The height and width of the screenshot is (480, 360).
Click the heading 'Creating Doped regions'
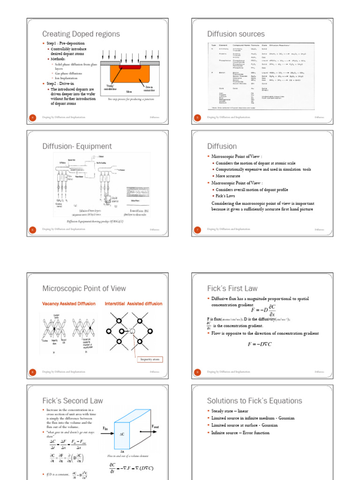pos(81,34)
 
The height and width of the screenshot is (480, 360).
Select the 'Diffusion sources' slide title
pos(236,34)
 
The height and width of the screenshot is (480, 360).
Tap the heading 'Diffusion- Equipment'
pos(77,146)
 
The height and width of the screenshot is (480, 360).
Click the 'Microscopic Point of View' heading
pos(84,288)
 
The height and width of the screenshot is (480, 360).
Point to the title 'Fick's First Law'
pos(232,288)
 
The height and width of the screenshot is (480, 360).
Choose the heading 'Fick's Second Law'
pos(73,401)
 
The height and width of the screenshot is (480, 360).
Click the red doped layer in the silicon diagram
pos(133,67)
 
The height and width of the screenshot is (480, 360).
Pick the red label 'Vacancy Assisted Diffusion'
pos(69,304)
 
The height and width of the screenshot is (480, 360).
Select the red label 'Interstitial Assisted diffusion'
pos(134,304)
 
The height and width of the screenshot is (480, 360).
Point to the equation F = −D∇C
pos(260,344)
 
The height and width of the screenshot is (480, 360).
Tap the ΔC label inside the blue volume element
pos(122,435)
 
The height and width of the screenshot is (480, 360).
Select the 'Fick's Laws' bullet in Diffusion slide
pos(227,196)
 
